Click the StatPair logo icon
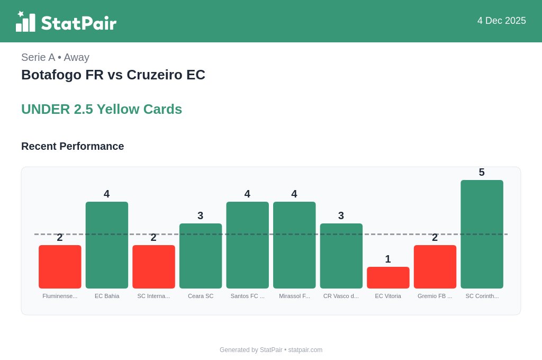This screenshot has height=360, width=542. (x=25, y=22)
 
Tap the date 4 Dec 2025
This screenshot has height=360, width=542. (x=501, y=21)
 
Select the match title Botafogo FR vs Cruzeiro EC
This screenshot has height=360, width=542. (x=113, y=75)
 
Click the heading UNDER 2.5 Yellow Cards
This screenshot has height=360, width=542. (x=102, y=109)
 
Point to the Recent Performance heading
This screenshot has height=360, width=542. (x=73, y=146)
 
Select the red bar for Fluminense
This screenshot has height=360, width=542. (x=60, y=267)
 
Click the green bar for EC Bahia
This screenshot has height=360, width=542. (x=107, y=245)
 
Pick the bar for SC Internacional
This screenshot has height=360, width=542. (x=153, y=267)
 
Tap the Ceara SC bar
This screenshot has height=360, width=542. (x=201, y=256)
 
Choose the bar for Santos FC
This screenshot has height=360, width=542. (x=247, y=245)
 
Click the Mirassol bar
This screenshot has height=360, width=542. (x=294, y=245)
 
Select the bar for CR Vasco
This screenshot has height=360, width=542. (x=341, y=256)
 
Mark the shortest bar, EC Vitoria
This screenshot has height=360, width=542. (x=388, y=277)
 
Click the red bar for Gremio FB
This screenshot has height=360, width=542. (x=435, y=267)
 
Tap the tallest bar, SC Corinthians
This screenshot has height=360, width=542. (x=482, y=234)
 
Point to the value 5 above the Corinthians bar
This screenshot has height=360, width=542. (x=482, y=172)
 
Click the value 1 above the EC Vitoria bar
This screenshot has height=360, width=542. (x=388, y=259)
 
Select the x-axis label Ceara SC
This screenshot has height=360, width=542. (x=201, y=296)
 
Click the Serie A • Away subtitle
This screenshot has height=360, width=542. (x=55, y=57)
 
